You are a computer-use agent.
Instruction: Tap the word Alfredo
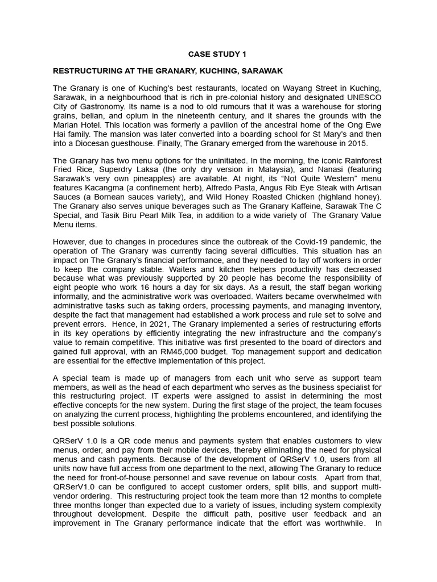[x=227, y=188]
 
